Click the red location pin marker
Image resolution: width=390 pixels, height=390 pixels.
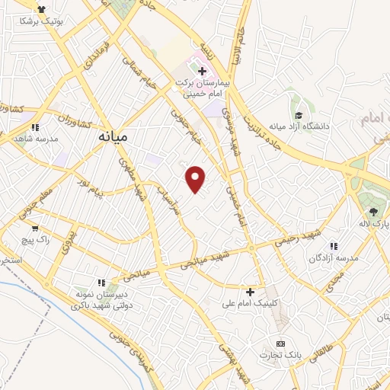(196, 179)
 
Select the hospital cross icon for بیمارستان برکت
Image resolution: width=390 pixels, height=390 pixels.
(203, 72)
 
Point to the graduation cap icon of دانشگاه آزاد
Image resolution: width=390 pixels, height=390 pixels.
(299, 115)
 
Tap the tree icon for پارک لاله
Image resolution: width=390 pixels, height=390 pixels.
(372, 212)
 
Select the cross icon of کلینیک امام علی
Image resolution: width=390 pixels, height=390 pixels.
(250, 292)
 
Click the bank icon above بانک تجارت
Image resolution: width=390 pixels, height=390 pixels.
(280, 344)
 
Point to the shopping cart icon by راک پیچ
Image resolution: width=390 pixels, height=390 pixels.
(34, 228)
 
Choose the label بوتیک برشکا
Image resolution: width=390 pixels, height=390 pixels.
(50, 24)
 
